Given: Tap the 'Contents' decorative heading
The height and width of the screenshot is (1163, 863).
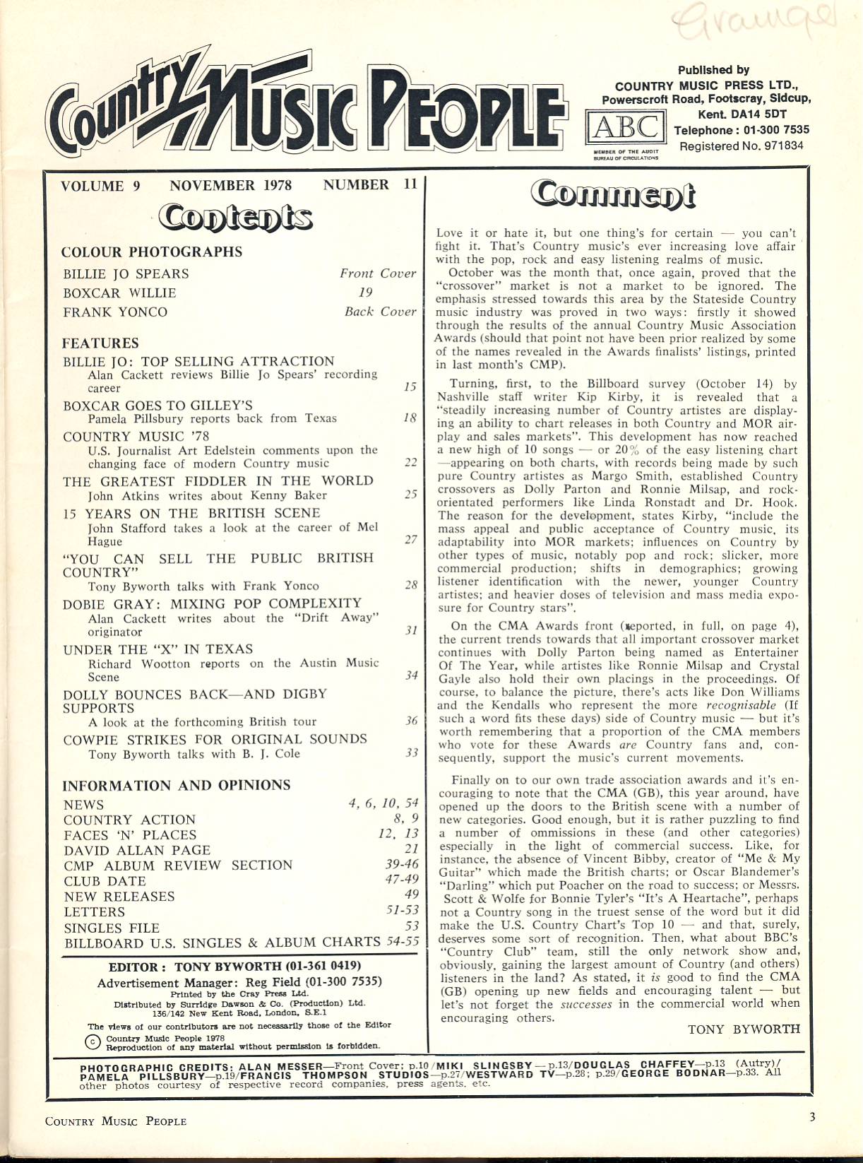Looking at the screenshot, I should (x=235, y=218).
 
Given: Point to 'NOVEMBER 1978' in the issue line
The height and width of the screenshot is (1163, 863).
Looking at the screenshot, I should (x=230, y=185).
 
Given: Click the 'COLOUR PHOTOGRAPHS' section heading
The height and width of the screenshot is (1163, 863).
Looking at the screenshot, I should (x=152, y=252).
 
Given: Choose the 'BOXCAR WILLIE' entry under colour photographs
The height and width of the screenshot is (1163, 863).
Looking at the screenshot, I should (x=119, y=293).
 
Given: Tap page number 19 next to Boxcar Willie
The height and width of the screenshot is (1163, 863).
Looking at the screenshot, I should (x=365, y=293).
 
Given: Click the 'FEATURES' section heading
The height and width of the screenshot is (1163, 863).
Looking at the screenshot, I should (x=100, y=343).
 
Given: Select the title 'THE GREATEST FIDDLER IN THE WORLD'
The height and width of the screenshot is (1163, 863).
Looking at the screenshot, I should (x=218, y=481).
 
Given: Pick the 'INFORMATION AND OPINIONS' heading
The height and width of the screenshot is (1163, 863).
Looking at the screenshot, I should (x=177, y=786).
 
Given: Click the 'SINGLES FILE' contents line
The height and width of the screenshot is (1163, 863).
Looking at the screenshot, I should (x=112, y=928).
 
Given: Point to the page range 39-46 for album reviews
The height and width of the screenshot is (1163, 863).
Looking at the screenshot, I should (x=400, y=865).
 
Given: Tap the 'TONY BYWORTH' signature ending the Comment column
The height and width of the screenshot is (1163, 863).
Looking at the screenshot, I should (x=744, y=1029).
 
